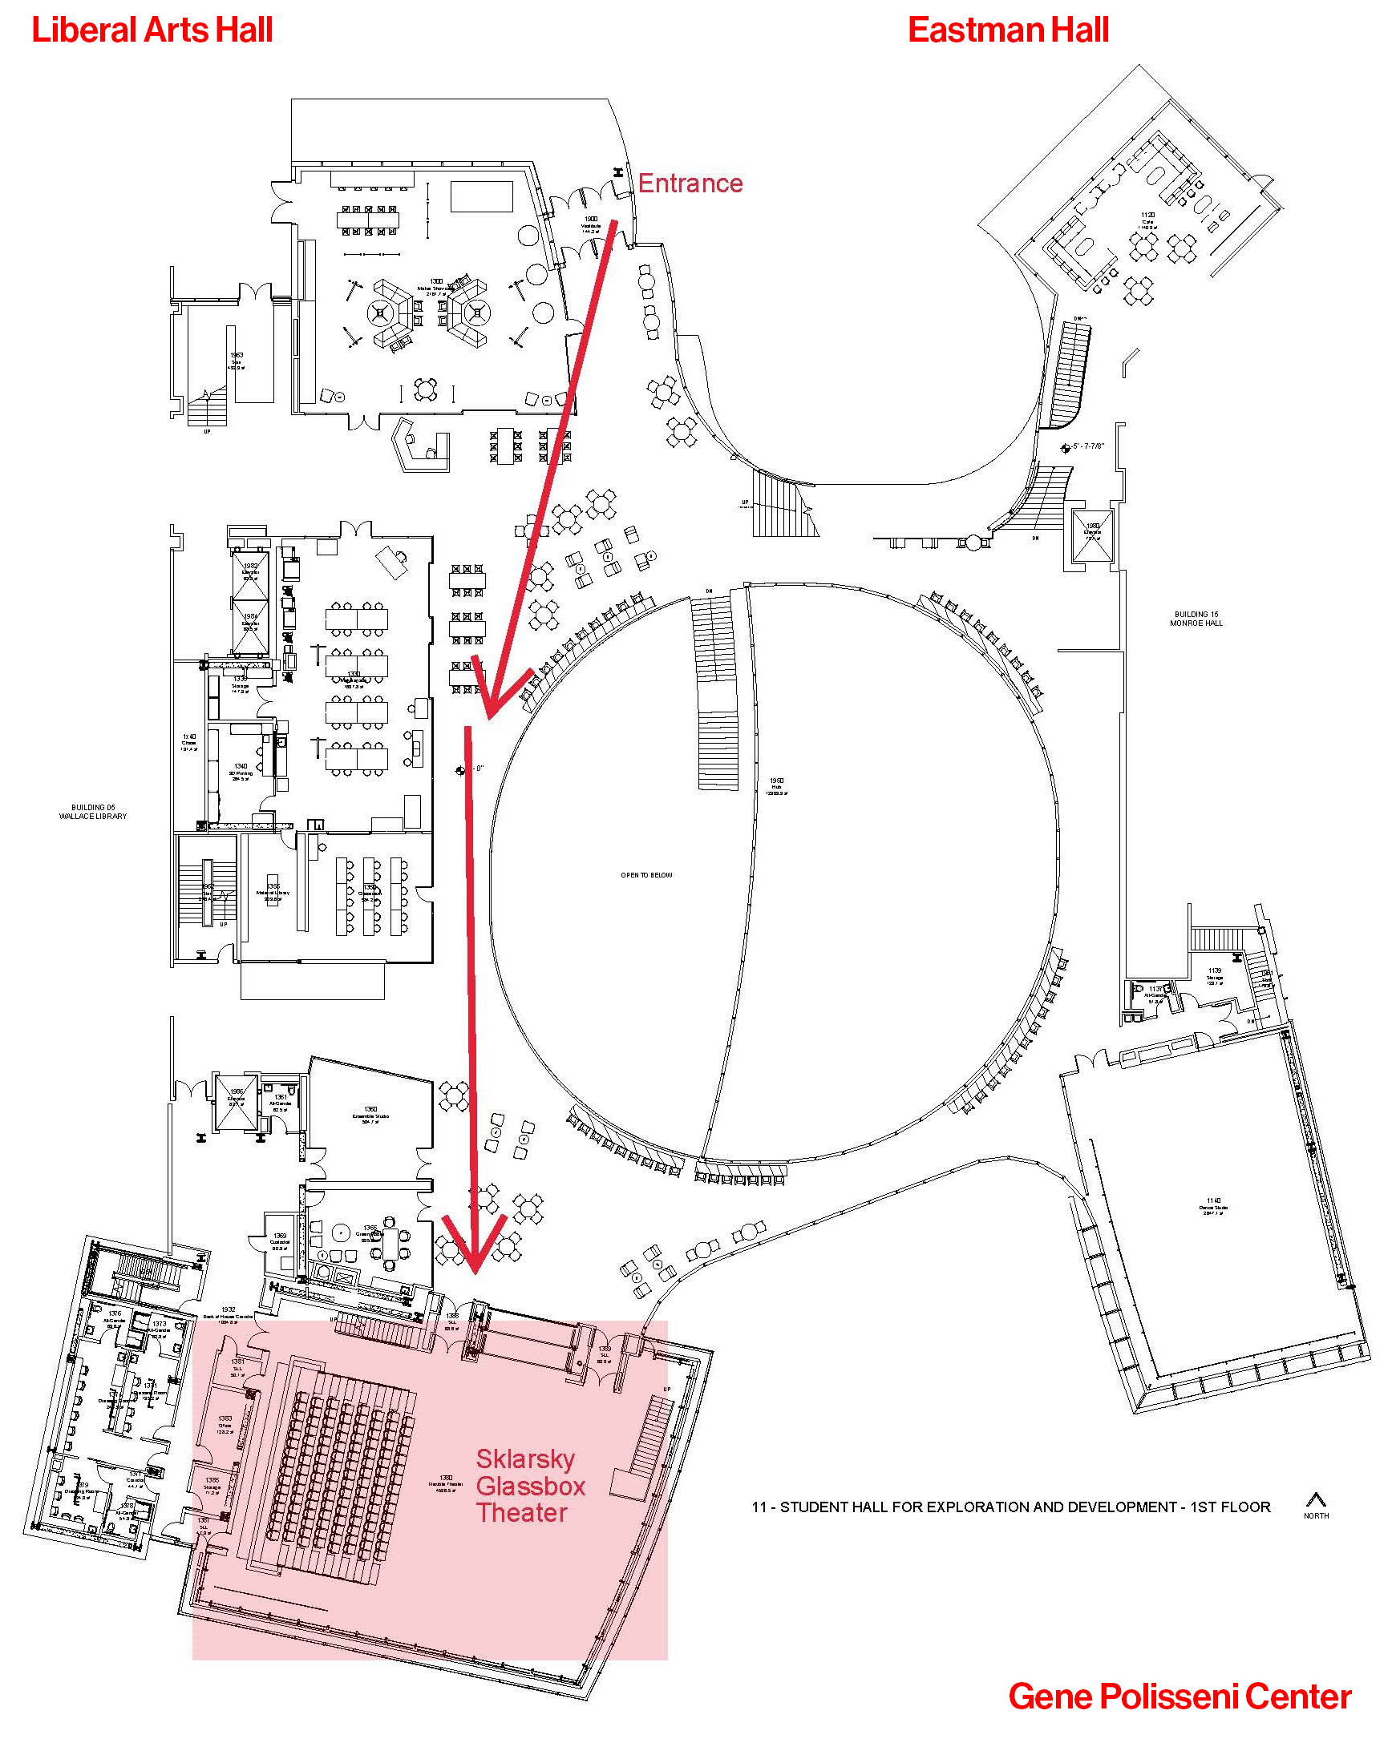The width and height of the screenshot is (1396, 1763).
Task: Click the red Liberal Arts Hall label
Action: pos(152,30)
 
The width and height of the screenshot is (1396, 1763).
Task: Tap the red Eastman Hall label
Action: pos(1008,30)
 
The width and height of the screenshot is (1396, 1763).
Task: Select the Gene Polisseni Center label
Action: pos(1179,1696)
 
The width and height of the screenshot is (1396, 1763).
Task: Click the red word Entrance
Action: pos(690,183)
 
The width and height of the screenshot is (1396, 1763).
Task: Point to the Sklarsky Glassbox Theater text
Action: pos(530,1485)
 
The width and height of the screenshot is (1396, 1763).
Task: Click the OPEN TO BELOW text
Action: pos(645,875)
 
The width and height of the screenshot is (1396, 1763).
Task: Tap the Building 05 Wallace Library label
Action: pos(92,811)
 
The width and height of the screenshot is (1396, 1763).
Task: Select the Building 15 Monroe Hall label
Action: pos(1196,619)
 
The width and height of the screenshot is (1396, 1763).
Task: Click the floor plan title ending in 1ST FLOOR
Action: pos(1010,1507)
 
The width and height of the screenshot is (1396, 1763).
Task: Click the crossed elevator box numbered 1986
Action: pos(236,1103)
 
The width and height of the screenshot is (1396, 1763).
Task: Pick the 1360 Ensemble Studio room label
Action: pos(370,1114)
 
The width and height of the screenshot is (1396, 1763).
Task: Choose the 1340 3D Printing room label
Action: pos(241,772)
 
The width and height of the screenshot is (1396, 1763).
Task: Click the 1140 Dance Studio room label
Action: pos(1214,1206)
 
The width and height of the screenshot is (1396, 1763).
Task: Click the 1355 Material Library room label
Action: pos(273,890)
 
